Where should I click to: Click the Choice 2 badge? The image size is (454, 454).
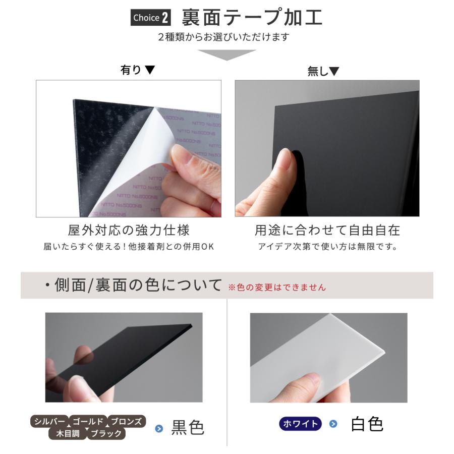tap(150, 18)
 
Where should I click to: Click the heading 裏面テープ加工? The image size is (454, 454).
tap(252, 18)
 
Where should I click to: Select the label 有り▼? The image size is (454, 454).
tap(137, 70)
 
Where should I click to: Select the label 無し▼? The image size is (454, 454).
tap(323, 72)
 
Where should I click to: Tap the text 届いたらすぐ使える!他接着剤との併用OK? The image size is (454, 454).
tap(129, 247)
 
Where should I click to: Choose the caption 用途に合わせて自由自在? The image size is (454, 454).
tap(327, 231)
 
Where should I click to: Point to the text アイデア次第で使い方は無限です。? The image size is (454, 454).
tap(327, 247)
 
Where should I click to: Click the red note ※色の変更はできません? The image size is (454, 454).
tap(277, 288)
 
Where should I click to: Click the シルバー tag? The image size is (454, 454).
tap(49, 421)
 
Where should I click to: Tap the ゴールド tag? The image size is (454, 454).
tap(88, 421)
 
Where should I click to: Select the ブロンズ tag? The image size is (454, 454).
tap(127, 421)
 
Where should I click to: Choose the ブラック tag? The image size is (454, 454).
tap(106, 433)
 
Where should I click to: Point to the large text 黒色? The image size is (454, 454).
tap(188, 428)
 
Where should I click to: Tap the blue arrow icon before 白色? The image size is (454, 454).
tap(332, 424)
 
